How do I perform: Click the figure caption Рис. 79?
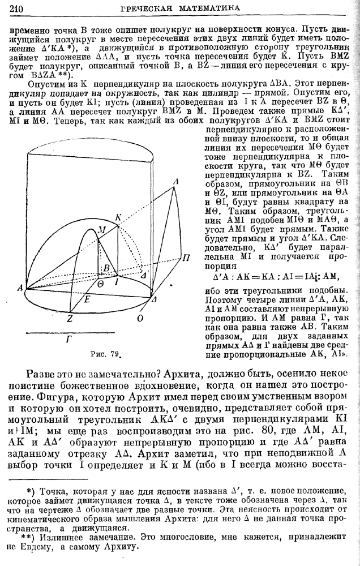(107, 355)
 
